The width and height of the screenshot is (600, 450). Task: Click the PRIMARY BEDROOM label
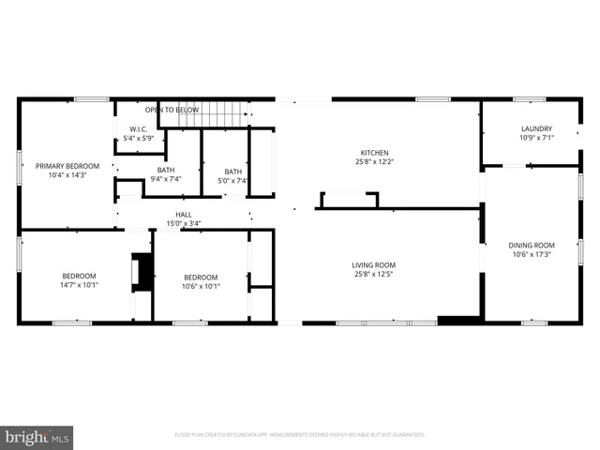click(x=67, y=166)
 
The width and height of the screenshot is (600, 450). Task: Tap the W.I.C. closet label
click(x=137, y=129)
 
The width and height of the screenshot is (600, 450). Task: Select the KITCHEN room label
click(x=374, y=153)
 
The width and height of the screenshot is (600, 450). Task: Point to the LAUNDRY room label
click(x=536, y=128)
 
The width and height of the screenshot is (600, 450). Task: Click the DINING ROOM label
click(x=532, y=245)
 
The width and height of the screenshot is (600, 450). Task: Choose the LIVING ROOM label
click(x=374, y=264)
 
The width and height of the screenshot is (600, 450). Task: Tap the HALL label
click(x=184, y=214)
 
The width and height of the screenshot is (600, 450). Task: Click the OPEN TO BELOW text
click(x=172, y=109)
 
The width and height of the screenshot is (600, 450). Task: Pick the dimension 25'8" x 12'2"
click(x=374, y=162)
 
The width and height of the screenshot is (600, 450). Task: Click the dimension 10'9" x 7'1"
click(x=536, y=138)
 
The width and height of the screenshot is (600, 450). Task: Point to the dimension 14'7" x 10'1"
click(x=80, y=285)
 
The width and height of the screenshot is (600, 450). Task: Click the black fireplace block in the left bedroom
click(x=143, y=271)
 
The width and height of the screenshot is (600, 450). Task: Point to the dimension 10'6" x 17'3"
click(x=532, y=254)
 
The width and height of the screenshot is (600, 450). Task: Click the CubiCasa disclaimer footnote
click(x=300, y=435)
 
